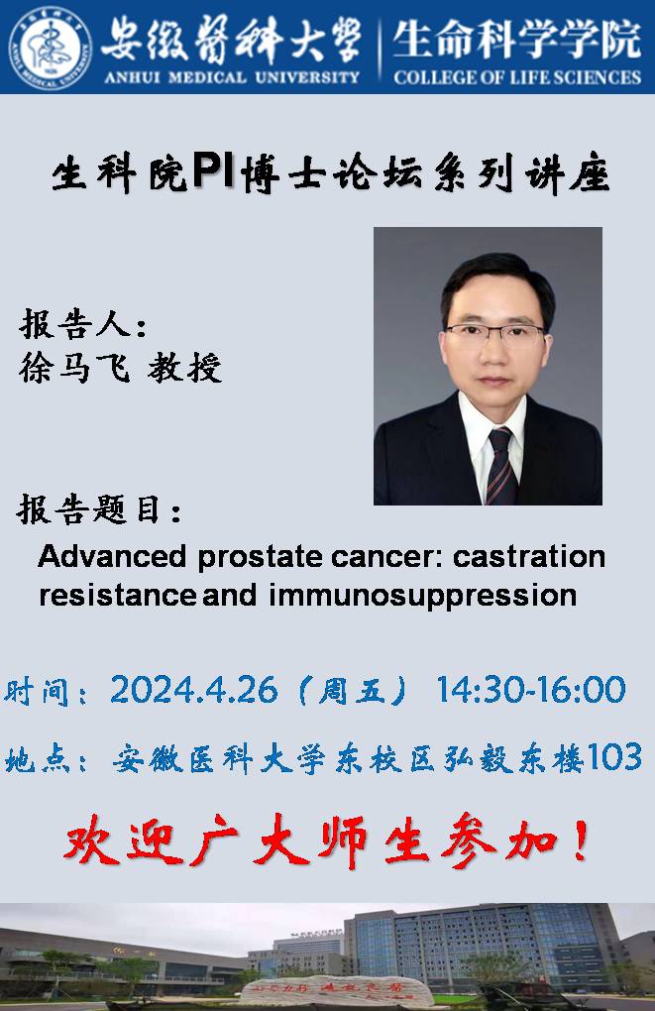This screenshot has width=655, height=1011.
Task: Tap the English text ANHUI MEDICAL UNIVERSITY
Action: pos(232,77)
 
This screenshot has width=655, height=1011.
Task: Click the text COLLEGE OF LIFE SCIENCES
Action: pos(517,77)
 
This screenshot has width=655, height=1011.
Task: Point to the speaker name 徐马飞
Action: pos(74,368)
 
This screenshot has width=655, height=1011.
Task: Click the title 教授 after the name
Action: pos(185,368)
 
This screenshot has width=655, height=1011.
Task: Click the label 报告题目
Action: pos(89,509)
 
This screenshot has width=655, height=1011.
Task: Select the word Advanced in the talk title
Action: pos(113,556)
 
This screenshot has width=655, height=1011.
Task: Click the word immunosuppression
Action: pos(423,596)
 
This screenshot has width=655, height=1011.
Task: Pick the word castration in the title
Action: pos(528,556)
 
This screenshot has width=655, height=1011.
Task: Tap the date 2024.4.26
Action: pos(194,690)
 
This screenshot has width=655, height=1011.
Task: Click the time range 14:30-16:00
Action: pos(531,689)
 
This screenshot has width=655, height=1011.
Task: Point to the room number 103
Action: pos(614,757)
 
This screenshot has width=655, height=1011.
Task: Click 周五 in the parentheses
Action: pos(352,691)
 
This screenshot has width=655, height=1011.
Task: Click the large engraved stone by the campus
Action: pos(336,991)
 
